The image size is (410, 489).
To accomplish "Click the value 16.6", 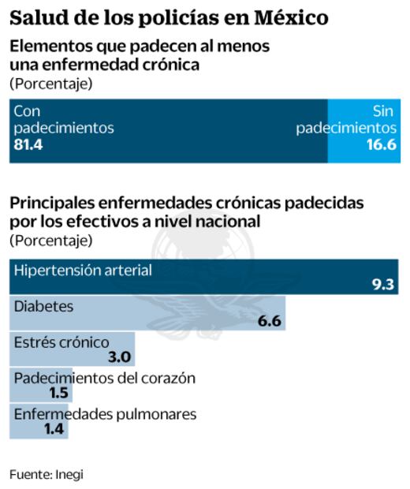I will tap(379, 145).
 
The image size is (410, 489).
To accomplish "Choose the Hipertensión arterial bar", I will tap(205, 276).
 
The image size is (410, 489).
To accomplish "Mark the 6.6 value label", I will tap(270, 321).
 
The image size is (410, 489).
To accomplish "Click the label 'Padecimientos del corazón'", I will tap(105, 378).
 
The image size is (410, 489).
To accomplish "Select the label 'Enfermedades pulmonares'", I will tap(105, 414).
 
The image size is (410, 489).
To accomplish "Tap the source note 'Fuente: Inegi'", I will tap(46, 474).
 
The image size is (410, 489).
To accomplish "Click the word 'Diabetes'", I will tap(43, 306).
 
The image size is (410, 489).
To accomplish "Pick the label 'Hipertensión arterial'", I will tap(83, 271).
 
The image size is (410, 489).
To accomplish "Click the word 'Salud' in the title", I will tap(35, 17).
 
